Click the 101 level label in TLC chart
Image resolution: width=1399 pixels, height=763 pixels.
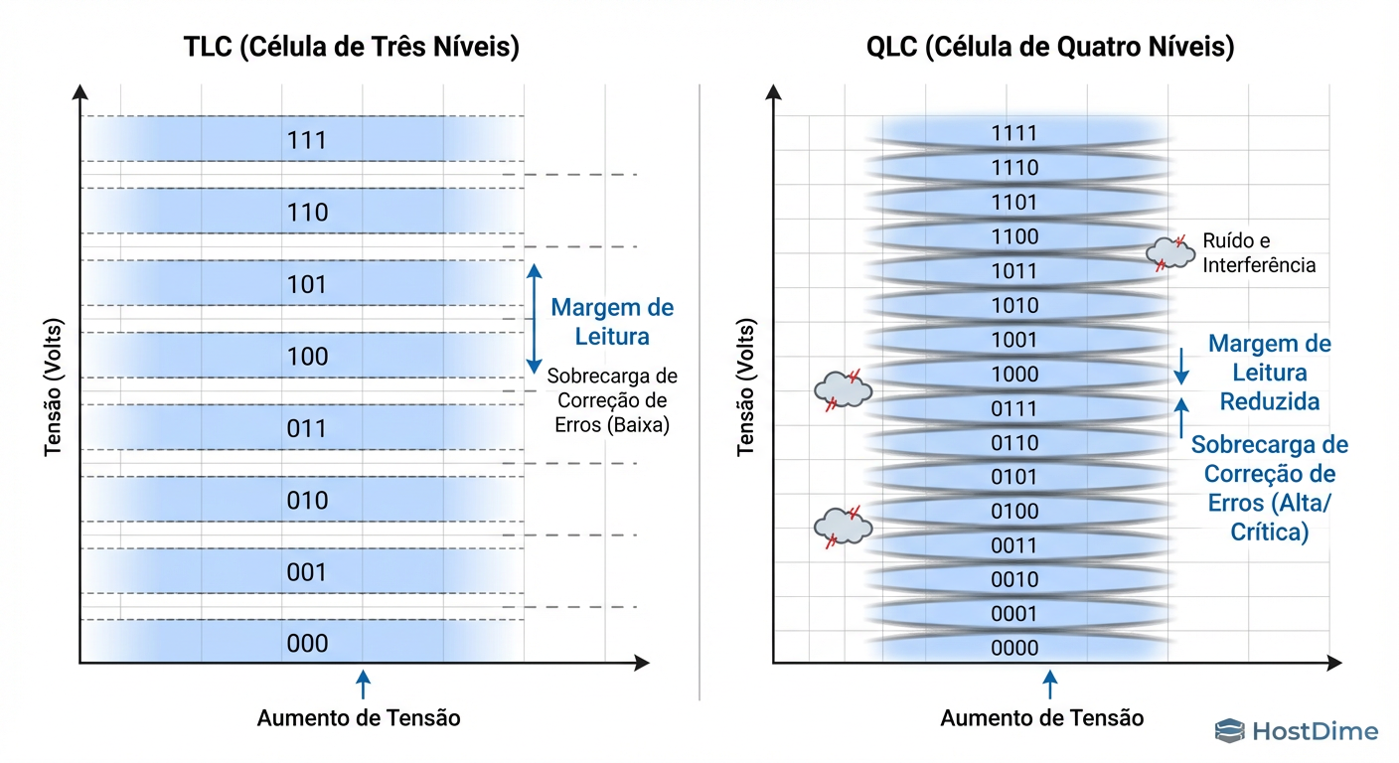pos(307,284)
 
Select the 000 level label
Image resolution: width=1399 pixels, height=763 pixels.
pos(307,644)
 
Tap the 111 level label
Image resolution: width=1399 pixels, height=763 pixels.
pos(307,140)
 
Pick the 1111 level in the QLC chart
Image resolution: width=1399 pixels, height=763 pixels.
pos(1014,133)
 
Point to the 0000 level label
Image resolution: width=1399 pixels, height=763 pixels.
pos(1014,648)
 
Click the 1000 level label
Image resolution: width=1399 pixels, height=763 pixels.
pos(1014,374)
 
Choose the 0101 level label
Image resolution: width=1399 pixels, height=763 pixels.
pos(1014,477)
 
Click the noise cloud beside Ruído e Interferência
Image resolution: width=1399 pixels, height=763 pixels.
pos(1169,252)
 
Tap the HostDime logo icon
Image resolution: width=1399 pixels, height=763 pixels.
pos(1229,732)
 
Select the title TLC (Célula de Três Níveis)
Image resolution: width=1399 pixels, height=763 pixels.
pos(352,47)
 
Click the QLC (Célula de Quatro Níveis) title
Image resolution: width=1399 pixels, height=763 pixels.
pos(1050,47)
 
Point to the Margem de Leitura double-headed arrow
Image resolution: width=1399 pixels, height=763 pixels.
pos(534,318)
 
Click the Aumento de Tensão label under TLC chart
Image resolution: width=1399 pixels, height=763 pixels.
pos(359,717)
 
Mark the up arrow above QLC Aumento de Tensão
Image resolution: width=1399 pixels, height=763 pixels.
pos(1049,685)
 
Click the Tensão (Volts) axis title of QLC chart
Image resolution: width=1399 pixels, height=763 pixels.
pos(745,388)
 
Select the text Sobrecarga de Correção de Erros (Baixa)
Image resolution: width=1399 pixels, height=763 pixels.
pos(612,400)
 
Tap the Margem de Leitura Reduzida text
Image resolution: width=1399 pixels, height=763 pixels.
pos(1269,373)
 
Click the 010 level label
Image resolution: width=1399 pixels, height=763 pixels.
pos(307,500)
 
